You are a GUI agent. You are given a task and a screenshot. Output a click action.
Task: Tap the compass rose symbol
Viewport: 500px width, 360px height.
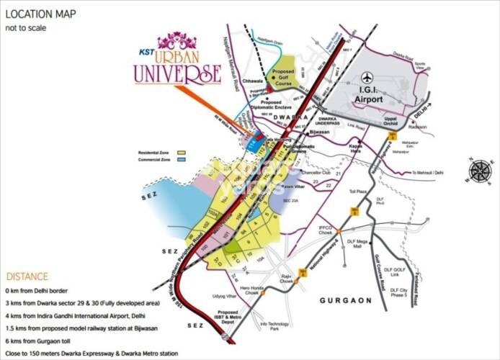pos(479,172)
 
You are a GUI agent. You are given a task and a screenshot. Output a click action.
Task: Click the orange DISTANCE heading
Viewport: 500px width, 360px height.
pos(27,276)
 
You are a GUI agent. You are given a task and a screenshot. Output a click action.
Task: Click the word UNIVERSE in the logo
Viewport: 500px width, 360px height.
pos(177,73)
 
